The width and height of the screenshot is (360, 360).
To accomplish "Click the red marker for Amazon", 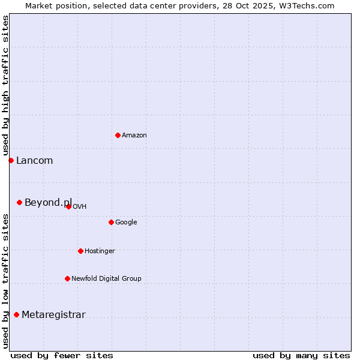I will pyautogui.click(x=118, y=135).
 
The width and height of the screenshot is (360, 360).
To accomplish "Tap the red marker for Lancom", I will pyautogui.click(x=11, y=160).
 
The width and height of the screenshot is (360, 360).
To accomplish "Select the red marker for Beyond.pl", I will pyautogui.click(x=19, y=202).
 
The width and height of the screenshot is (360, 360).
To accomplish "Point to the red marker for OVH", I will pyautogui.click(x=68, y=206).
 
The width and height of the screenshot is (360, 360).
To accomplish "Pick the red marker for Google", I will pyautogui.click(x=111, y=222).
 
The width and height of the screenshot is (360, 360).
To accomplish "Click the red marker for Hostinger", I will pyautogui.click(x=80, y=251).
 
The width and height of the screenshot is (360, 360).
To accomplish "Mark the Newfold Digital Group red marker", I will pyautogui.click(x=67, y=278).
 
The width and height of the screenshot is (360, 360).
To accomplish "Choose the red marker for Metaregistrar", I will pyautogui.click(x=16, y=314).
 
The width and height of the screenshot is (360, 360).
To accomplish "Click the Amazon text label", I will pyautogui.click(x=134, y=135).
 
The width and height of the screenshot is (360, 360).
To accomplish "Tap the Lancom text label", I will pyautogui.click(x=34, y=160).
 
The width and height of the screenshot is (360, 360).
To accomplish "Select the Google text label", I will pyautogui.click(x=126, y=222).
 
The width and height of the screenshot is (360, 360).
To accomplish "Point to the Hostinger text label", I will pyautogui.click(x=100, y=251).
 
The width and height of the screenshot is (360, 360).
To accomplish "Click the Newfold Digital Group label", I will pyautogui.click(x=106, y=278).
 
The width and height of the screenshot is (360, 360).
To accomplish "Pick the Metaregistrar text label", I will pyautogui.click(x=53, y=314).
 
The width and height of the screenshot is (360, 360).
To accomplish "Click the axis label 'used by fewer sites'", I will pyautogui.click(x=62, y=355).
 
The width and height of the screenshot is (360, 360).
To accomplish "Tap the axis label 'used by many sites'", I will pyautogui.click(x=301, y=355).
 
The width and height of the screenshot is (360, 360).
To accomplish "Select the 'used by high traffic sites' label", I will pyautogui.click(x=5, y=85).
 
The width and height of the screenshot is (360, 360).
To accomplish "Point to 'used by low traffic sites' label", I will pyautogui.click(x=5, y=280).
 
